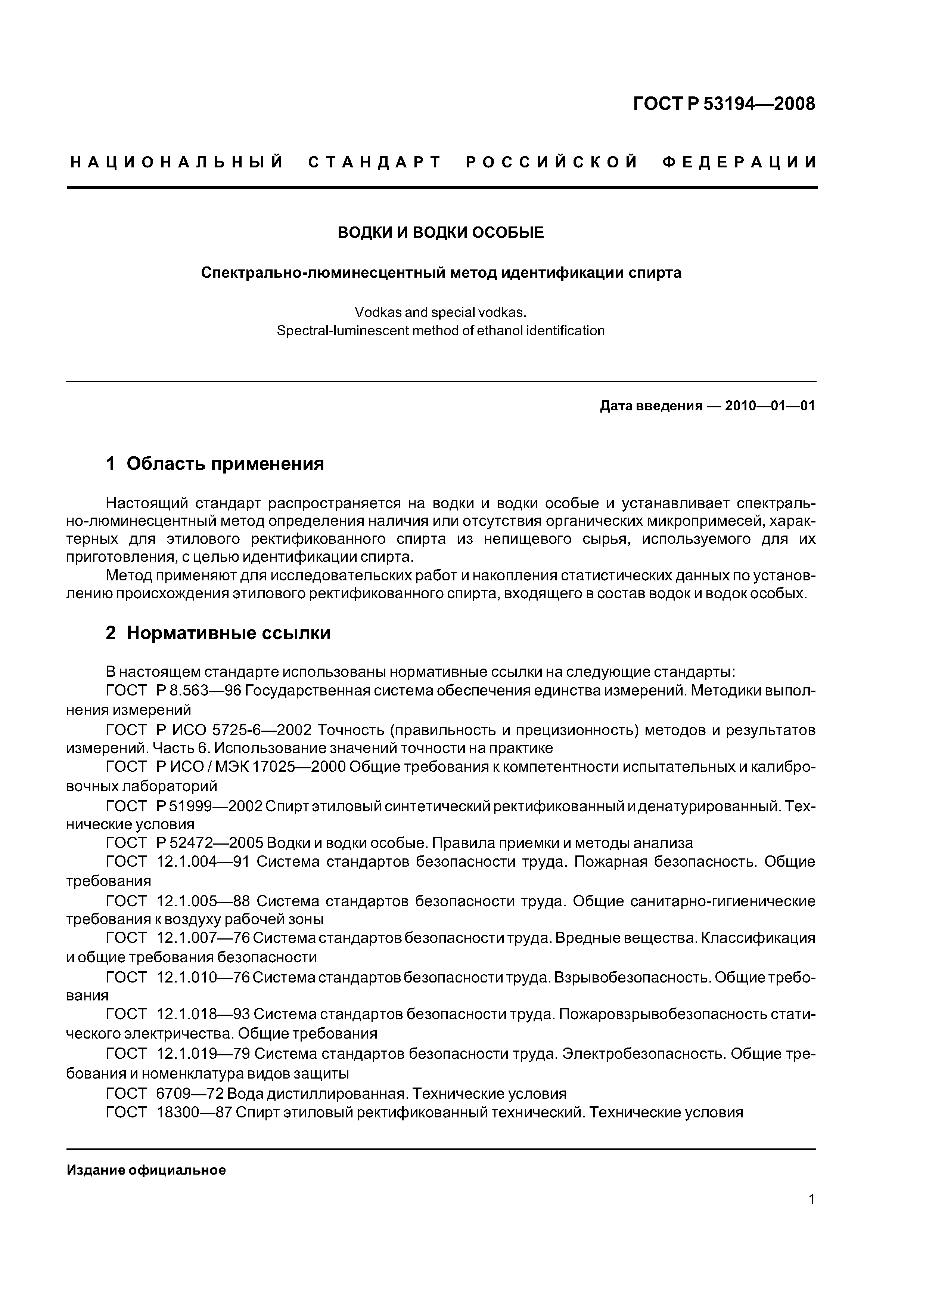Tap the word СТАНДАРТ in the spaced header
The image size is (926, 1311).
[375, 163]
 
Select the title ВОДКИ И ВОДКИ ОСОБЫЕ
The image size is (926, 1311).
[441, 233]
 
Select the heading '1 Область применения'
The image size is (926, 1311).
[215, 464]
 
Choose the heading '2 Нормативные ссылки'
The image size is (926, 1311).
[218, 633]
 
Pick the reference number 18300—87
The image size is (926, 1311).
[193, 1112]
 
